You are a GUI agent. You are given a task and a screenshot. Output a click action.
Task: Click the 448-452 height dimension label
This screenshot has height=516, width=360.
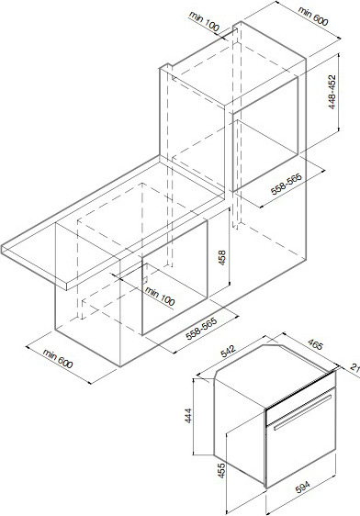coord(332,92)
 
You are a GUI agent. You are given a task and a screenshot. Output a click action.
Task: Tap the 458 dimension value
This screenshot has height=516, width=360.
coord(222,258)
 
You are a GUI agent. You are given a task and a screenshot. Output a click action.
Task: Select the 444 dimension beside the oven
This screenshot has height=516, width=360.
coord(188,416)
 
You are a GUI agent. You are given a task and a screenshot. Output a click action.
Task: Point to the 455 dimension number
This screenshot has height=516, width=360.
coord(222,471)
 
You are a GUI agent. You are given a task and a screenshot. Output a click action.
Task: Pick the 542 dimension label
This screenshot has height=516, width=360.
coord(229,351)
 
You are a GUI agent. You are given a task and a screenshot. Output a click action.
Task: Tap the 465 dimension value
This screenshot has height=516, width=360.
coord(316,344)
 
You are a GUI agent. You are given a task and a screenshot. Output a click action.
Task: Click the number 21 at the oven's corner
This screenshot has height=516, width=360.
coord(354,367)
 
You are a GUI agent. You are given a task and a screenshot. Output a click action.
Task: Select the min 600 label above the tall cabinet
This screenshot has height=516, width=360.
coord(313,16)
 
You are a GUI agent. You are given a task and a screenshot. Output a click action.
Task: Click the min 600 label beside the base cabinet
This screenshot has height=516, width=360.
coord(58,358)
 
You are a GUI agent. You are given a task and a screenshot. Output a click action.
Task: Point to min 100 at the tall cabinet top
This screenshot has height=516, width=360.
coord(204,21)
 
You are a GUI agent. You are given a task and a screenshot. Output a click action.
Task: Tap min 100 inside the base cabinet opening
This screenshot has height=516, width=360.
coord(160,296)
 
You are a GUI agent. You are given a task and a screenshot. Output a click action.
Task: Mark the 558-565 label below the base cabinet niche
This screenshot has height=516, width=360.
coord(202,329)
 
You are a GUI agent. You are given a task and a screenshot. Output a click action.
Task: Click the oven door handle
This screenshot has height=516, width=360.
coord(302,412)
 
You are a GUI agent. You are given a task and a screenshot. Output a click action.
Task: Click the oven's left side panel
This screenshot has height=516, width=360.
coord(240,432)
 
